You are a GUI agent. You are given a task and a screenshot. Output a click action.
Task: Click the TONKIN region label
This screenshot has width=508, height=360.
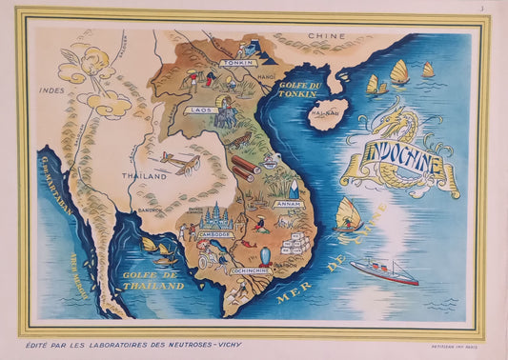click(237, 63)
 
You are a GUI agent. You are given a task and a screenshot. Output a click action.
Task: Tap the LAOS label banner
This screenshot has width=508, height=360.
click(201, 110)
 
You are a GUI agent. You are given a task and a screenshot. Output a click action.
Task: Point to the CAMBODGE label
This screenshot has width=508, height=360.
click(214, 233)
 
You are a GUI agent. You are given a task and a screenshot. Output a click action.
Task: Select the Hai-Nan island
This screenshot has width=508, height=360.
click(327, 118)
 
